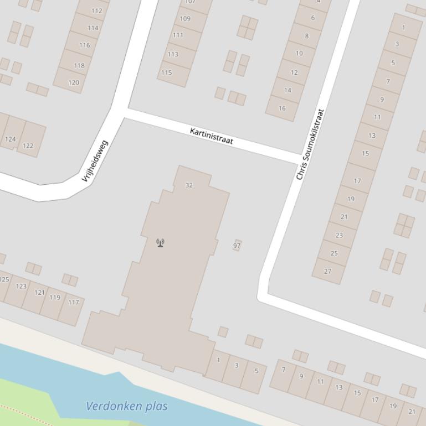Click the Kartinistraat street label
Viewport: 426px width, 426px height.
point(211,136)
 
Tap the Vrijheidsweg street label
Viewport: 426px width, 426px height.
point(95,161)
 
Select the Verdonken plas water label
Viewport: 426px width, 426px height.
point(127,406)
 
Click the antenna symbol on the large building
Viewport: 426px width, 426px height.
point(160,242)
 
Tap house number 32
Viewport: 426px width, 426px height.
point(189,185)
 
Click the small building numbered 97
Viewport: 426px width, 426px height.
point(237,245)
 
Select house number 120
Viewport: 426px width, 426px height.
point(74,82)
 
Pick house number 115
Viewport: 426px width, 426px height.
point(167,72)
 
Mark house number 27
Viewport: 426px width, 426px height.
point(327,271)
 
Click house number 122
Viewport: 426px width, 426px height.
point(28,146)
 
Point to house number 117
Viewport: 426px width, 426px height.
point(74,302)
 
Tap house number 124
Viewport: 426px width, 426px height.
point(10,139)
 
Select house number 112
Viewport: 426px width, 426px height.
point(97,11)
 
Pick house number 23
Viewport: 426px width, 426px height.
point(339,235)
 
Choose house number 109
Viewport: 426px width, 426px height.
point(185,18)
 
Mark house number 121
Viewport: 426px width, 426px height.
point(39,292)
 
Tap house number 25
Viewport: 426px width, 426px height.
point(333,253)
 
